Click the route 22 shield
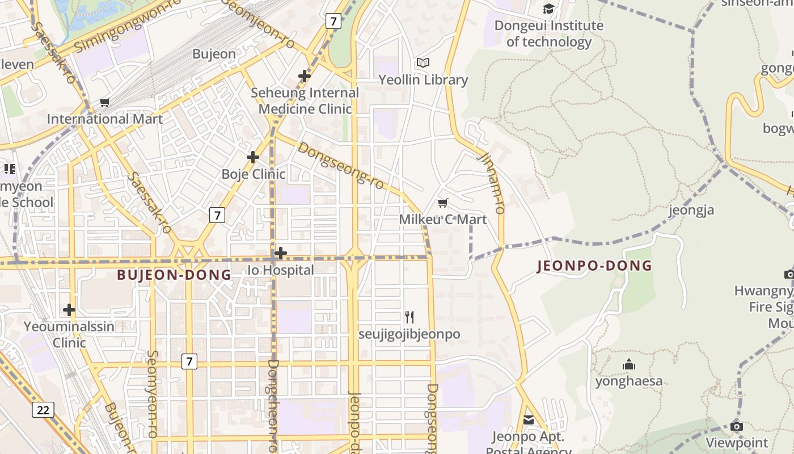pos(43,410)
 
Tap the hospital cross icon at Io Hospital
pos(280,253)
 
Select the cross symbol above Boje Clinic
pos(253,157)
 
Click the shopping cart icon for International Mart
pos(104,103)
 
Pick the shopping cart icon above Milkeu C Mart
pos(443,203)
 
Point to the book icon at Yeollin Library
pos(423,63)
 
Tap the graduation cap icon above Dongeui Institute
pos(548,9)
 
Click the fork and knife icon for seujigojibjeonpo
pos(409,317)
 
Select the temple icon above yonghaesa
pos(628,364)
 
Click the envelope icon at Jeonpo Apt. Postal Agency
pos(529,420)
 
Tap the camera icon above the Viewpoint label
pos(737,426)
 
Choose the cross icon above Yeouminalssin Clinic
pos(69,310)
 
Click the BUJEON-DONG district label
pos(174,275)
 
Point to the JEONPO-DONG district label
pos(594,266)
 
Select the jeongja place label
pos(691,210)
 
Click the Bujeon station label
pos(214,54)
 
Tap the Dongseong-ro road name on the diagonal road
pos(340,165)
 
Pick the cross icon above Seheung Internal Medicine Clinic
pos(305,75)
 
